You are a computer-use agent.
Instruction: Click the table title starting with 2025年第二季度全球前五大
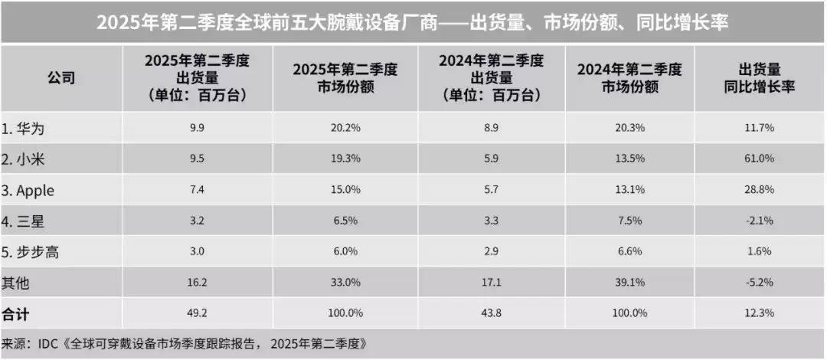[413, 21]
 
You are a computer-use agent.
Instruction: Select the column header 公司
[61, 79]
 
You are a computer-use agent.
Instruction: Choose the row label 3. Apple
[30, 190]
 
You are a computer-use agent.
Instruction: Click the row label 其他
[17, 283]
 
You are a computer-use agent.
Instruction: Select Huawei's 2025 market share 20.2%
[345, 127]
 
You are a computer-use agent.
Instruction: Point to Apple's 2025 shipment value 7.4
[197, 190]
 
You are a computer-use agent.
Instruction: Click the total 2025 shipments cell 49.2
[197, 313]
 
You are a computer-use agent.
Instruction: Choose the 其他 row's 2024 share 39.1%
[629, 283]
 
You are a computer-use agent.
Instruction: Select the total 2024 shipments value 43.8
[491, 313]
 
